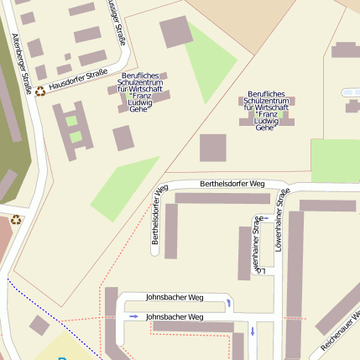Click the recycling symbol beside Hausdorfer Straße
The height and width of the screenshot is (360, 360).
(x=40, y=91)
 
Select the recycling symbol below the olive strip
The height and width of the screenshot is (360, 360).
(x=15, y=220)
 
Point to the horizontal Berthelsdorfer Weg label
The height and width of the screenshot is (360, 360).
(x=232, y=184)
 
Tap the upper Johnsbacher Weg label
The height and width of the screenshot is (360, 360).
(x=175, y=297)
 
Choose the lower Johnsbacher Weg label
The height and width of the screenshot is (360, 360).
(x=175, y=316)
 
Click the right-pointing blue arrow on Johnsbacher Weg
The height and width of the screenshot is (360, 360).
(x=134, y=316)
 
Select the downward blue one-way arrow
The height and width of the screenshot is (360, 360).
(x=252, y=331)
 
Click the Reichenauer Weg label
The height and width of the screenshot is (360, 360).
(x=341, y=331)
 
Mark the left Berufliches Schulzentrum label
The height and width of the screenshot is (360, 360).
(x=151, y=92)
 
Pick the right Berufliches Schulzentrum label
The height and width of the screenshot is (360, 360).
(x=266, y=111)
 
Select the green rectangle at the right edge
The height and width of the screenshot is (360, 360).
(x=335, y=159)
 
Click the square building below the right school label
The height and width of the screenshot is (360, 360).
(x=212, y=148)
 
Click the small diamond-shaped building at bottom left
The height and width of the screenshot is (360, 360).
(x=39, y=325)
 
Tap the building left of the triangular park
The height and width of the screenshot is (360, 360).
(x=175, y=31)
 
